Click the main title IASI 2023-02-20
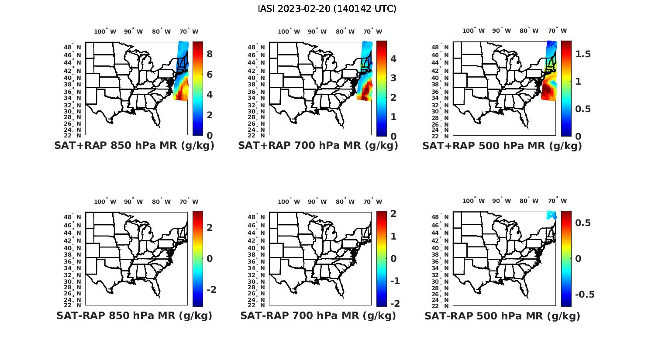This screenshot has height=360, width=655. coord(327,9)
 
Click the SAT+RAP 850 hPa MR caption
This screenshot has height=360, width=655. coord(134,146)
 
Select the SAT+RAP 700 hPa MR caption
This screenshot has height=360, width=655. coord(318,146)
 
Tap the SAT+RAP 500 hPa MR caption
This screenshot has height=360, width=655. coord(502,146)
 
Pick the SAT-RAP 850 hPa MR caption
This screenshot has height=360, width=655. coord(134,315)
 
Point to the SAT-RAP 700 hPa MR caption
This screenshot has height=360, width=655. coord(318,315)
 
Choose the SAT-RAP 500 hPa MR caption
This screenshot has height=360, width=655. coord(502,316)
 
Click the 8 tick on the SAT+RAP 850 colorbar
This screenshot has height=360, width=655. coord(210,54)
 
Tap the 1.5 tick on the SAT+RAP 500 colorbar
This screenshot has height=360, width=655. coord(583,54)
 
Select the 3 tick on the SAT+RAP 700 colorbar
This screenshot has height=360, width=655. coord(393,78)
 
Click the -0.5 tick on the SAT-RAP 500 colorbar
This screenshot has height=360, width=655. coord(585,295)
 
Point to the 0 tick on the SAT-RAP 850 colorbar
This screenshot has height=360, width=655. coord(210,259)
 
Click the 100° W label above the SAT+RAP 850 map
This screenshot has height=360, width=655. coord(105,31)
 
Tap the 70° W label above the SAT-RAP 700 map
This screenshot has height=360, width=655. coord(372,202)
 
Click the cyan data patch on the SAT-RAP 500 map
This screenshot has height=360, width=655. coord(552,215)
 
